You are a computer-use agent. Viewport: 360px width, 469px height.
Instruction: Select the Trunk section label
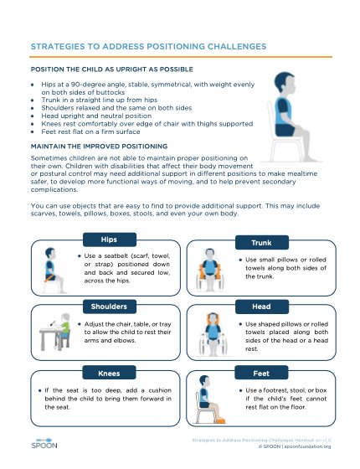pos(260,242)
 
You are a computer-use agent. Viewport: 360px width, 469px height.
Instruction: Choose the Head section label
pos(260,307)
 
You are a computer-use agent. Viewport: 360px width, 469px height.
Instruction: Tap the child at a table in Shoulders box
pos(52,333)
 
